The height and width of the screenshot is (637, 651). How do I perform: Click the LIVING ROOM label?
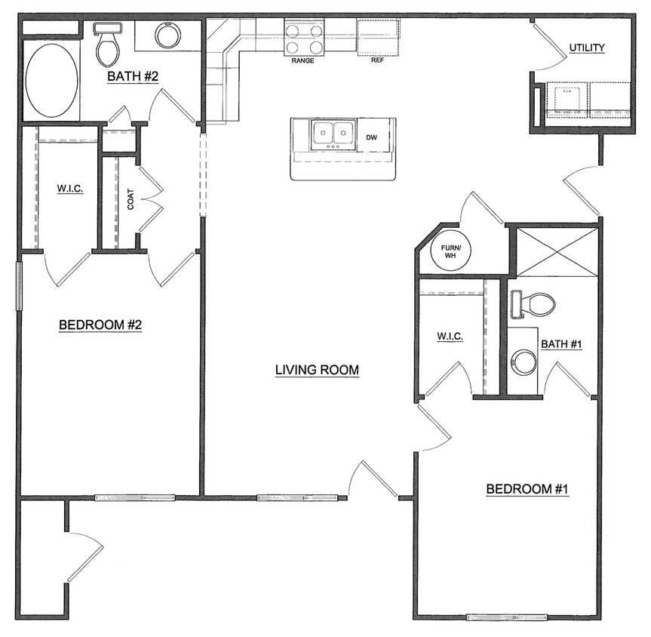click(316, 370)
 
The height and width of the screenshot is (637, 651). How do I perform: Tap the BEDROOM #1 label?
click(527, 490)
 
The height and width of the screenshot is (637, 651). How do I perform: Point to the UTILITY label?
click(587, 48)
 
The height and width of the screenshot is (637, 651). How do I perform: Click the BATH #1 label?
click(562, 344)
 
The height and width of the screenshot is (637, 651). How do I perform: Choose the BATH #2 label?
click(132, 75)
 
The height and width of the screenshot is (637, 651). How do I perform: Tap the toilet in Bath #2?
click(108, 45)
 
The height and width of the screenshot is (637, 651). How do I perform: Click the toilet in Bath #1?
click(534, 305)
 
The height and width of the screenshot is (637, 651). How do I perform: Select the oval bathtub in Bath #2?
click(51, 80)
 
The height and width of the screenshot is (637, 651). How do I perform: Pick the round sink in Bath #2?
click(167, 35)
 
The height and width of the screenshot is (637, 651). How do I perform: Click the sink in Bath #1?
click(523, 362)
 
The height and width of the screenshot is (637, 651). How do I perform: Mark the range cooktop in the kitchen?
click(304, 38)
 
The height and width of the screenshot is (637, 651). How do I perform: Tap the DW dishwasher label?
click(371, 137)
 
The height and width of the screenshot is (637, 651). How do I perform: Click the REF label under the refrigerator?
click(377, 60)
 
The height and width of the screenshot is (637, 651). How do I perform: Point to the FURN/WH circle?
click(450, 250)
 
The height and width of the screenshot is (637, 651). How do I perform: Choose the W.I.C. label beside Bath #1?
click(450, 336)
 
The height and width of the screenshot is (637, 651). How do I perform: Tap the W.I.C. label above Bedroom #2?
click(70, 188)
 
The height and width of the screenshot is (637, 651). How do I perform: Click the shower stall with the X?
click(557, 251)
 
